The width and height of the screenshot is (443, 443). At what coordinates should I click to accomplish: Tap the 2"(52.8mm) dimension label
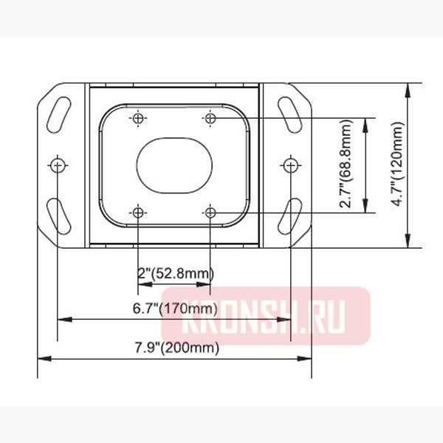pyautogui.click(x=174, y=274)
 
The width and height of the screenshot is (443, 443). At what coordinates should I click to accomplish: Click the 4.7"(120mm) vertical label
pyautogui.click(x=398, y=165)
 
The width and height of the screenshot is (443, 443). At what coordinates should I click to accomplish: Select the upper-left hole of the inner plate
pyautogui.click(x=138, y=118)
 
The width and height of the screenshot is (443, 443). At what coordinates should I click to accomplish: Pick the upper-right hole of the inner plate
pyautogui.click(x=210, y=118)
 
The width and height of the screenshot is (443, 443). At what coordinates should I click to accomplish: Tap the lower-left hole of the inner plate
pyautogui.click(x=138, y=213)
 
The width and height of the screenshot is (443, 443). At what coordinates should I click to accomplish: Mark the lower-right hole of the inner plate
pyautogui.click(x=210, y=213)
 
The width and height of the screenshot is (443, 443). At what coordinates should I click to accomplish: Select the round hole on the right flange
pyautogui.click(x=291, y=165)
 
